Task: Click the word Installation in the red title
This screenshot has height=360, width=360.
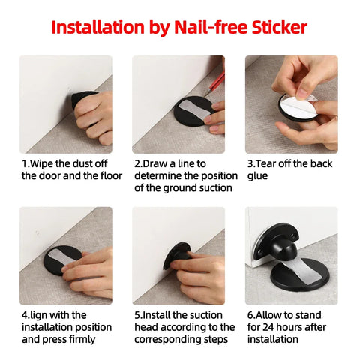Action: point(98,27)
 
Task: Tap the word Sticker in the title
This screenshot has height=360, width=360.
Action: point(280,27)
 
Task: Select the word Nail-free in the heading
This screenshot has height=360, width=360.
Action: point(211,27)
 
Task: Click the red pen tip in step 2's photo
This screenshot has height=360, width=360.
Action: point(206,95)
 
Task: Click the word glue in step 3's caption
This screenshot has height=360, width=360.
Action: point(257,176)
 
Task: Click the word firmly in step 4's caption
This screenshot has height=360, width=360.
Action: point(82,339)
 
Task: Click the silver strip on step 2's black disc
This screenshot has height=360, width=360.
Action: point(194,110)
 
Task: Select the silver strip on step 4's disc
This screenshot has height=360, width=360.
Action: point(61,256)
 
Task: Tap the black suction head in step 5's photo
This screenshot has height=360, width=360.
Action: point(178,255)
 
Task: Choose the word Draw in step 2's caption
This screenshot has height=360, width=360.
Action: point(155,164)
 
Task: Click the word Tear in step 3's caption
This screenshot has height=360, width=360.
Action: point(266,164)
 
